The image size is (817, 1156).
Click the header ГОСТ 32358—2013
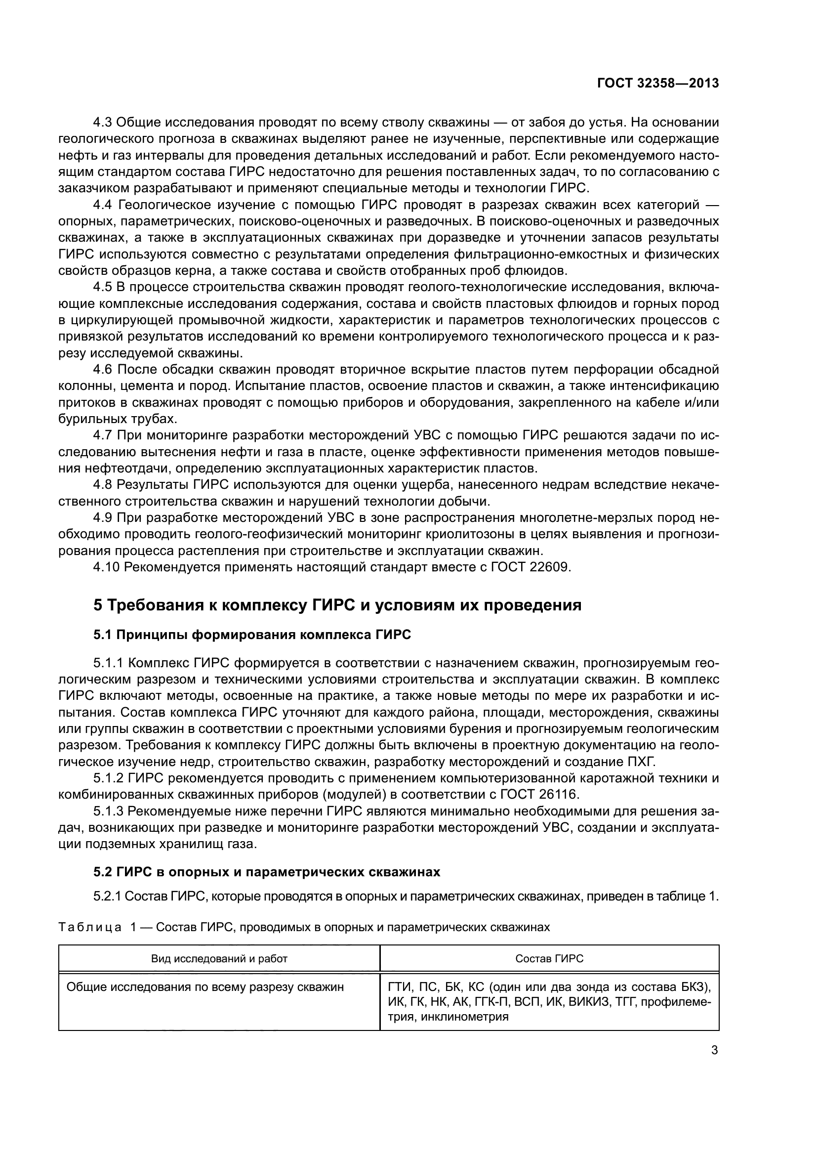point(657,84)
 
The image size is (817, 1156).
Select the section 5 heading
point(337,604)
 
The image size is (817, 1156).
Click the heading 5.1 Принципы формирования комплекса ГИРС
point(252,635)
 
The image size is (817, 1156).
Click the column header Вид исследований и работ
point(219,959)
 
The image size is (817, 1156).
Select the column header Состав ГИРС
point(549,959)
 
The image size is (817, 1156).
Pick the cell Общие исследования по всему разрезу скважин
point(205,987)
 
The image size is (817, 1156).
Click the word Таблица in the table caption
point(89,927)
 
